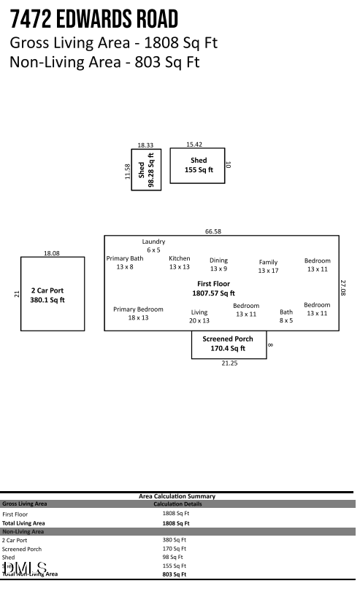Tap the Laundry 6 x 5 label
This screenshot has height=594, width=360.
153,246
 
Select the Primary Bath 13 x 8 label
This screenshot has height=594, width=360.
125,263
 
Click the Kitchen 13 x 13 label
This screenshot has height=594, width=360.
180,263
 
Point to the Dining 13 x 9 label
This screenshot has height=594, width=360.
218,264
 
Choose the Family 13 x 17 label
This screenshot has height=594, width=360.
268,266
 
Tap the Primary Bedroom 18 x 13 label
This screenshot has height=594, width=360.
138,313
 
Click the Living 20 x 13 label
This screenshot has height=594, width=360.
199,316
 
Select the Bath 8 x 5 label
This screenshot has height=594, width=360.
286,316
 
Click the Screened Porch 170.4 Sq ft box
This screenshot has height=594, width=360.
228,344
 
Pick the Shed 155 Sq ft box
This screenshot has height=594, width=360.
199,165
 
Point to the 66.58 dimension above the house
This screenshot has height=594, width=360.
213,231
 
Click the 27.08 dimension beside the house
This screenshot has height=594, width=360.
344,288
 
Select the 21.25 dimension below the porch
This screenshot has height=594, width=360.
229,364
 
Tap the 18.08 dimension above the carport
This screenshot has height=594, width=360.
52,253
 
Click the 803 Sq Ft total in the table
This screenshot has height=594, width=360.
174,574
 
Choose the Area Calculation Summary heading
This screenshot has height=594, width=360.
177,496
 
